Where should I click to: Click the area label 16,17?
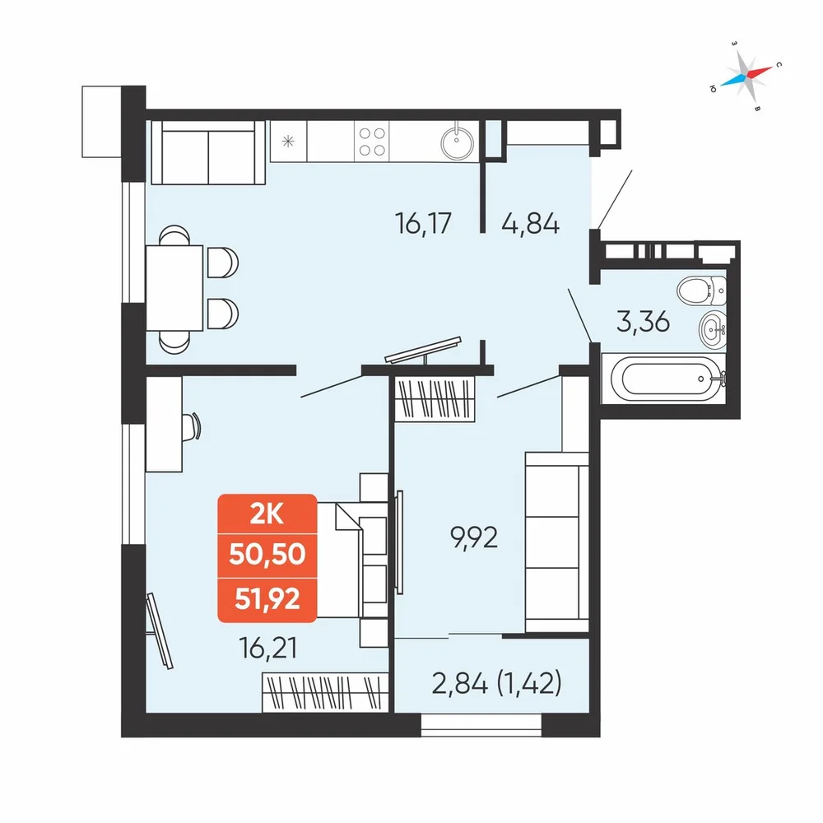[x=423, y=223]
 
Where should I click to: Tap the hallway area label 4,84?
[x=531, y=223]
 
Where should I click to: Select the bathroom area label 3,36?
[x=643, y=321]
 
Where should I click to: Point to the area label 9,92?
[x=474, y=537]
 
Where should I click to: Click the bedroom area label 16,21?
[x=267, y=648]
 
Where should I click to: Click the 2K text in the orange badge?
[x=267, y=514]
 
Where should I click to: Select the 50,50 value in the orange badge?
[x=267, y=554]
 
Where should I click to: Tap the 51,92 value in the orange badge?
[x=267, y=597]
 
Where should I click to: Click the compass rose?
[x=746, y=75]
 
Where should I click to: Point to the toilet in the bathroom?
[x=702, y=291]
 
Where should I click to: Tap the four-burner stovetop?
[x=372, y=142]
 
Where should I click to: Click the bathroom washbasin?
[x=712, y=329]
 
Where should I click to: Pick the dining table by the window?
[x=174, y=287]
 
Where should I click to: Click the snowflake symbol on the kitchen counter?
[x=288, y=142]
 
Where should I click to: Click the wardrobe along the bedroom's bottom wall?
[x=325, y=692]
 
